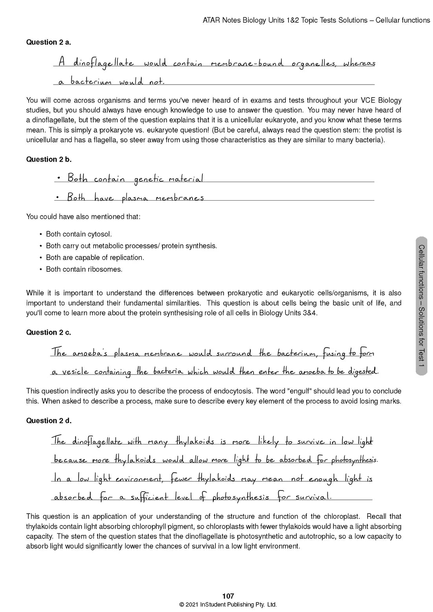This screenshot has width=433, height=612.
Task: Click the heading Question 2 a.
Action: tap(48, 42)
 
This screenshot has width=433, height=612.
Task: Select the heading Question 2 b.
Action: tap(48, 159)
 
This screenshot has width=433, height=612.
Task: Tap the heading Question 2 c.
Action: tap(48, 332)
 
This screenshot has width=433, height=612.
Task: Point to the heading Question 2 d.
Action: tap(49, 420)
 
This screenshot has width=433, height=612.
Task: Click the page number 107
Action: tap(228, 596)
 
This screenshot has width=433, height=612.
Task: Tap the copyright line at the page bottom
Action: tap(228, 605)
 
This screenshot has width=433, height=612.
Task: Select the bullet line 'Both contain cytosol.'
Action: tap(79, 234)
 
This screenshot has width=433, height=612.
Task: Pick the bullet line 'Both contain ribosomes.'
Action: tap(84, 269)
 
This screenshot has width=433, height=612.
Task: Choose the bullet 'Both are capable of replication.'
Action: tap(95, 258)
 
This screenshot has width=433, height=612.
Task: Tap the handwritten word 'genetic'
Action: tap(148, 179)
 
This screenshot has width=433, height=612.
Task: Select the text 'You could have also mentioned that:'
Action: tap(83, 217)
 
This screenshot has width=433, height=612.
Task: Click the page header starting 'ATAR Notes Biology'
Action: tap(316, 20)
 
